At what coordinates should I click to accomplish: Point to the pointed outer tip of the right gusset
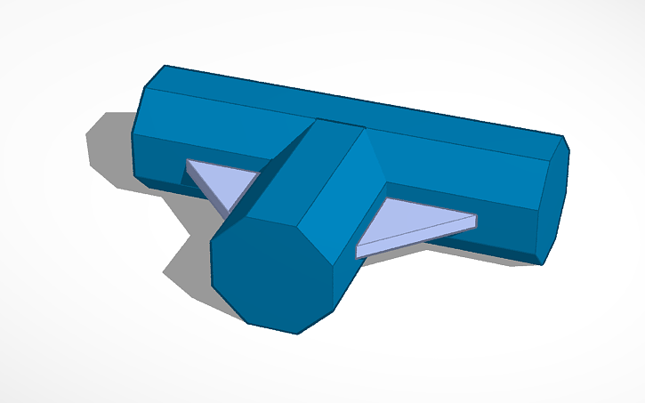click(475, 219)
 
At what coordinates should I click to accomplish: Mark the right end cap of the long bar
click(555, 200)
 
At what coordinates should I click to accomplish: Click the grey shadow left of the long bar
click(108, 147)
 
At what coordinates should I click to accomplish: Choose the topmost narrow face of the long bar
click(356, 102)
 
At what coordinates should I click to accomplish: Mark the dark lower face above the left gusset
click(160, 160)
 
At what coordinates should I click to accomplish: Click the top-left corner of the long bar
click(165, 67)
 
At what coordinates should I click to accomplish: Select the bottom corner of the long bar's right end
click(543, 263)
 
